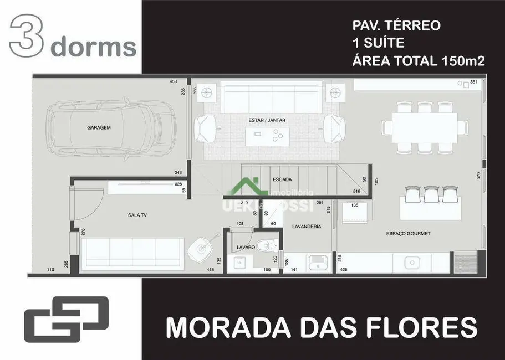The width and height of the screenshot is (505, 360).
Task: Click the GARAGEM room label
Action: [x=99, y=127]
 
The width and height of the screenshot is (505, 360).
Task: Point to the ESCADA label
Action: [x=283, y=179]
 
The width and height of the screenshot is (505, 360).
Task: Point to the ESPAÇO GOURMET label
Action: [x=408, y=234]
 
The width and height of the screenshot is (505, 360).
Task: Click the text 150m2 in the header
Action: [x=463, y=61]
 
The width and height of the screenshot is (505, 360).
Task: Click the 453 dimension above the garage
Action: [x=177, y=82]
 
